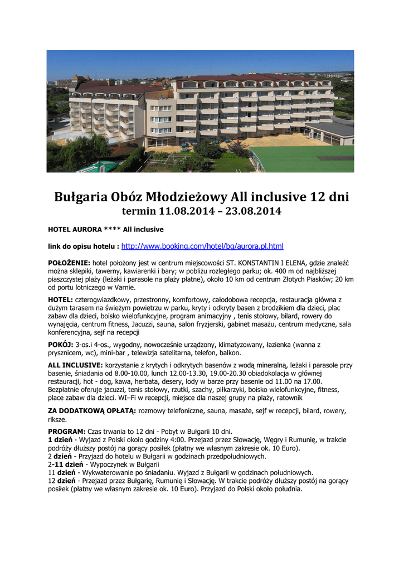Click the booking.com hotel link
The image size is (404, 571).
pyautogui.click(x=202, y=246)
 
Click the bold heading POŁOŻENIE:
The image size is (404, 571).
pyautogui.click(x=69, y=263)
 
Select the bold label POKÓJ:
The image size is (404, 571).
pyautogui.click(x=61, y=345)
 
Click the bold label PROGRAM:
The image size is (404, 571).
pyautogui.click(x=67, y=432)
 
